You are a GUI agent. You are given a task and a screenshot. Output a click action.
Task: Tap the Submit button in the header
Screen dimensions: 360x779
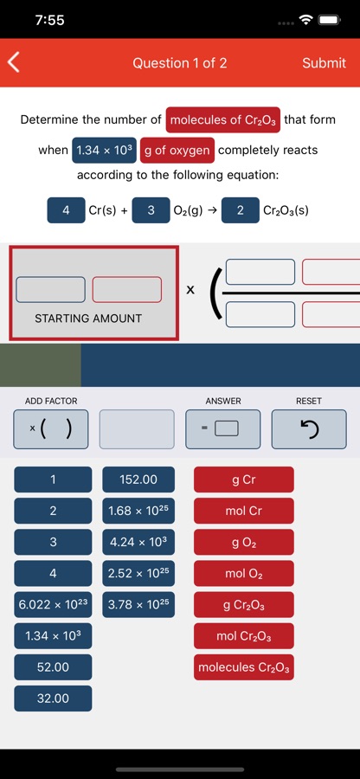point(324,63)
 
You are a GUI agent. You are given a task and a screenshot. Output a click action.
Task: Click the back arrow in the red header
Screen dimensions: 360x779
point(13,62)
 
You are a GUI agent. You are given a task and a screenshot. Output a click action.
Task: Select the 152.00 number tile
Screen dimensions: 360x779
point(138,480)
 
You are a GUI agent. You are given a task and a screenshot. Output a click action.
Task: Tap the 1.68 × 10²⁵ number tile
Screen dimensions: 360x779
point(138,511)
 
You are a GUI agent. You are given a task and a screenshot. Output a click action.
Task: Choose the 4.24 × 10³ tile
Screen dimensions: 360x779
point(138,542)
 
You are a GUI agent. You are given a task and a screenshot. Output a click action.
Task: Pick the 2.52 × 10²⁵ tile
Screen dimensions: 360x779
point(138,573)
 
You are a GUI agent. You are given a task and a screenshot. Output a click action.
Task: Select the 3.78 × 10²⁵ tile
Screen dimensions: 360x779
point(138,605)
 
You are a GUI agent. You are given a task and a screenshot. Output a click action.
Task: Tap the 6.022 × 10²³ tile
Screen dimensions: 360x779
point(53,605)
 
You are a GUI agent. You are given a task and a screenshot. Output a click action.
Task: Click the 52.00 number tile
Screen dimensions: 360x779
point(53,667)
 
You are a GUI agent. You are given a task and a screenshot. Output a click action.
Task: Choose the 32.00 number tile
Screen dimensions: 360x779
point(53,699)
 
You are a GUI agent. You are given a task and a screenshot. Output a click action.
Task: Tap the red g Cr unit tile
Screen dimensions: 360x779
point(244,480)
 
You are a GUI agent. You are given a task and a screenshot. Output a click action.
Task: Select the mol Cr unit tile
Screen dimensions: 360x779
point(244,511)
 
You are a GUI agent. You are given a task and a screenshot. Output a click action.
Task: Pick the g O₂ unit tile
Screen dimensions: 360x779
point(244,542)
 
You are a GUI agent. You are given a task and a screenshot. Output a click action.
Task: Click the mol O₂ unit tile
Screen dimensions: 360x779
point(244,573)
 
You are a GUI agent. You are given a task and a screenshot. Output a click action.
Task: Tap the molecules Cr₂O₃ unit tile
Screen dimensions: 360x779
point(244,667)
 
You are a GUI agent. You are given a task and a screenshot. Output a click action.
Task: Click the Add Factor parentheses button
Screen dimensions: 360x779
point(51,429)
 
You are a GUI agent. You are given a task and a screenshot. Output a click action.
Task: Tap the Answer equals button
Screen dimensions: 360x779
point(223,429)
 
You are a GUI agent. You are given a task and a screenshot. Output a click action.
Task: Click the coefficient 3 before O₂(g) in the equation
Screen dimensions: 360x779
point(151,210)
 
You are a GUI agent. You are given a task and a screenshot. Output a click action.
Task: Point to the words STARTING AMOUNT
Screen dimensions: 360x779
point(88,319)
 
